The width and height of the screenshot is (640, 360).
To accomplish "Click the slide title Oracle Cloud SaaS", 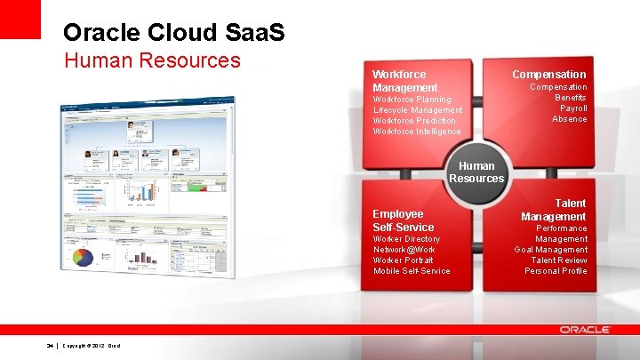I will coord(174,33).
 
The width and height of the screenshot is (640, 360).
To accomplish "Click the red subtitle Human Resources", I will coord(152,60).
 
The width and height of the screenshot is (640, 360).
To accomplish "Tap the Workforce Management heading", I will coord(404,81).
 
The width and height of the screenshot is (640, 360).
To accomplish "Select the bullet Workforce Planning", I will coord(412,100).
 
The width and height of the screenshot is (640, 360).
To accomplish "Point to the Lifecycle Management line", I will coord(418,110).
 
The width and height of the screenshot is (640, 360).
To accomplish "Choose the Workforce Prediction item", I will coord(414,121).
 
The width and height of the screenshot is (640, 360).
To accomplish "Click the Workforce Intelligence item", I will coord(417,132).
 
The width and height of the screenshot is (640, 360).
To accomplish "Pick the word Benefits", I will coord(571,98).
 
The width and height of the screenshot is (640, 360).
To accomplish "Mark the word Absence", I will coord(569,119).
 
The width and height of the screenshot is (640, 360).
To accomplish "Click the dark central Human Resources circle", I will coord(476,172).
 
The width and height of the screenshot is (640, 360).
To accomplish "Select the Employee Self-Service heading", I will coord(404,220).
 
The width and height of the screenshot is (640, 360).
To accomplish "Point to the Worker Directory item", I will coord(406,239).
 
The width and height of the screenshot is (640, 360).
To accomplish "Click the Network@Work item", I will coord(404,250).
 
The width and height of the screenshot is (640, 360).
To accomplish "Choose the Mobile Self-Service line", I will coord(412,271).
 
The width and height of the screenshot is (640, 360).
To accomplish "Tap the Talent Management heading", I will coord(554,210).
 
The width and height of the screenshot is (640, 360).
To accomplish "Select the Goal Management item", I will coord(550,250).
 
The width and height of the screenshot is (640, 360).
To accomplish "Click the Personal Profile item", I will coord(556,271).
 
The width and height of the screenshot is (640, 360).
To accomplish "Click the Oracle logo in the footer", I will coord(585,330).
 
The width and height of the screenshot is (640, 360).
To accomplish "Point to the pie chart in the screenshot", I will coord(83,258).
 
